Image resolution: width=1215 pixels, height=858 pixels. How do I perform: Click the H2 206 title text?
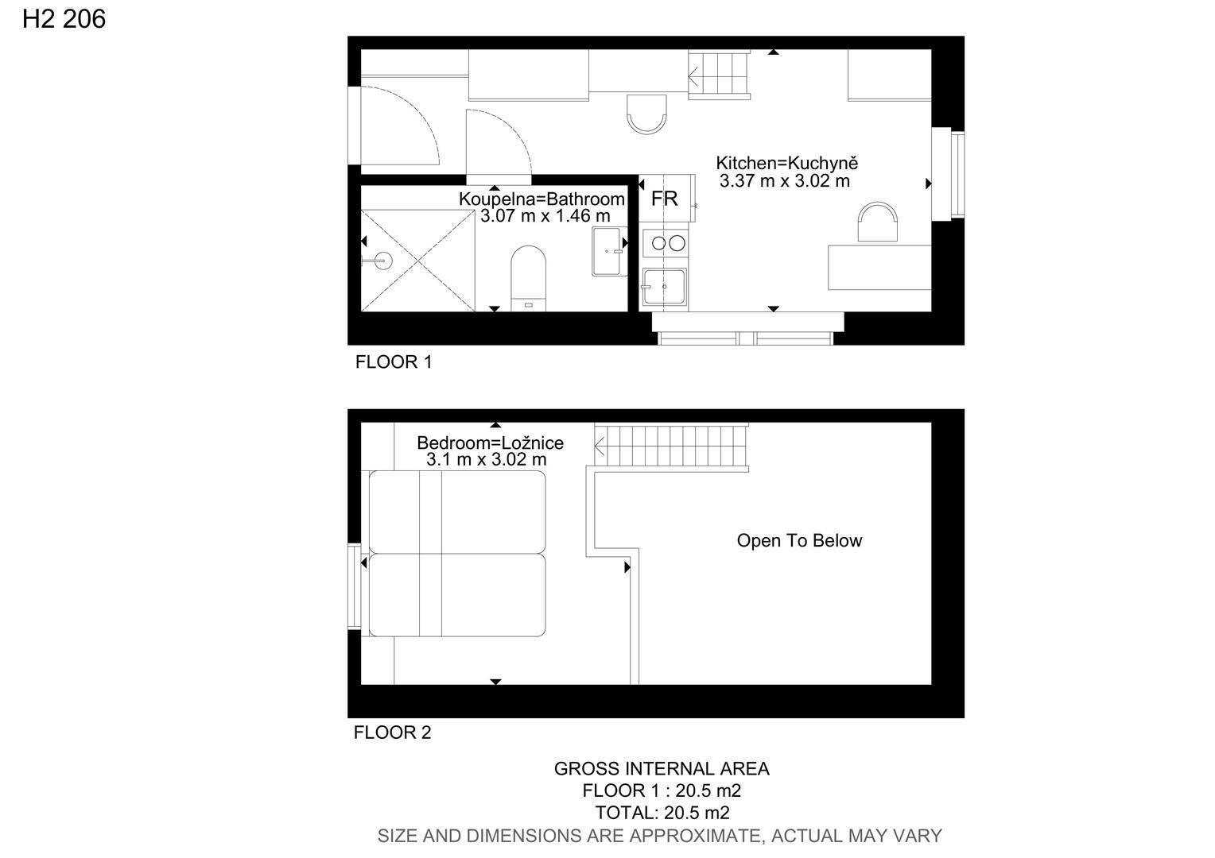(x=64, y=19)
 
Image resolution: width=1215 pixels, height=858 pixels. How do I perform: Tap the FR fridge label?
(x=664, y=199)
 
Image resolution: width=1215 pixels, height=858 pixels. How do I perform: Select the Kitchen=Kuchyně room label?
(x=786, y=163)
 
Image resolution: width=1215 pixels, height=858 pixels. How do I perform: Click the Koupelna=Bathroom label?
(x=542, y=199)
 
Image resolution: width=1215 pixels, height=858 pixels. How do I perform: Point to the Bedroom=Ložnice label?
(x=490, y=443)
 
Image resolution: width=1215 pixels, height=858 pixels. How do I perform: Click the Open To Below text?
(x=799, y=540)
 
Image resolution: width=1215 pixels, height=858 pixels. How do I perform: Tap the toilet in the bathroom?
(x=528, y=278)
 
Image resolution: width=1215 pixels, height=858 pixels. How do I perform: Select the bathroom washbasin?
(x=609, y=252)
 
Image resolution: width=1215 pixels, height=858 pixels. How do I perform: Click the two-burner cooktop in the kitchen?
(x=666, y=243)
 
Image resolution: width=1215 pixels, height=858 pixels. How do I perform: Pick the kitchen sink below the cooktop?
(x=664, y=287)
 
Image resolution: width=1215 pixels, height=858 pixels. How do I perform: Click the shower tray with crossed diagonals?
(x=418, y=261)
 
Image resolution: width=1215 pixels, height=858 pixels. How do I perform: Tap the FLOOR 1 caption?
(x=394, y=361)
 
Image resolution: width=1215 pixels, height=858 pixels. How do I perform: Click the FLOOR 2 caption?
(x=392, y=732)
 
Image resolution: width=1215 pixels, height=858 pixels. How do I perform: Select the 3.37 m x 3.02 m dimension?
(x=784, y=180)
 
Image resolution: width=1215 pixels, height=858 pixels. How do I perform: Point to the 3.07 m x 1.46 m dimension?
(x=545, y=216)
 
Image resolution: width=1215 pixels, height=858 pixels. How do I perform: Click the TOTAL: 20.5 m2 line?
(x=662, y=813)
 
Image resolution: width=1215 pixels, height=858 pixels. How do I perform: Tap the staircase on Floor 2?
(x=671, y=446)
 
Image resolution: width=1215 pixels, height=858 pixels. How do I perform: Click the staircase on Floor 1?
(x=720, y=75)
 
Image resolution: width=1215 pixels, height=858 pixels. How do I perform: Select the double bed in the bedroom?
(x=457, y=554)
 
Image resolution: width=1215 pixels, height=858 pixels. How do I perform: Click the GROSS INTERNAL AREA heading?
(x=662, y=768)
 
